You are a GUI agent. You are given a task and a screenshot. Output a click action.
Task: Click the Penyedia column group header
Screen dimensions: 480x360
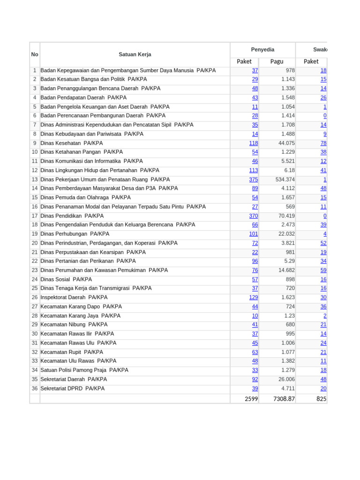[x=262, y=50]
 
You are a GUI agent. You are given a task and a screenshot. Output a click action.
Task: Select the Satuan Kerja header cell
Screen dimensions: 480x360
[x=135, y=54]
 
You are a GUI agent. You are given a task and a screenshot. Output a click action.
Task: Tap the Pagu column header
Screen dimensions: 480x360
[x=277, y=61]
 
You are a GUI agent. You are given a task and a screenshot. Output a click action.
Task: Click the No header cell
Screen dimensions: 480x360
[x=35, y=54]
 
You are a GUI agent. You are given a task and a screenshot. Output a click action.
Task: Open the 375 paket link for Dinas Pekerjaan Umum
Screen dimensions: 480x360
[x=253, y=180]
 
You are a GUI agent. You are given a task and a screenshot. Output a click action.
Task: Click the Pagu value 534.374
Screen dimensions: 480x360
[x=285, y=180]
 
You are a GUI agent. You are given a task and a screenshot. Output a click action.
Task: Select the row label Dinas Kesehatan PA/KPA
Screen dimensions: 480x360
[x=72, y=143]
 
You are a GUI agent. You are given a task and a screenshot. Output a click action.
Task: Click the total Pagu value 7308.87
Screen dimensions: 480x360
[x=283, y=399]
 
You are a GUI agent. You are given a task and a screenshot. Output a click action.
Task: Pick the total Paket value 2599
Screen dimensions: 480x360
[x=251, y=399]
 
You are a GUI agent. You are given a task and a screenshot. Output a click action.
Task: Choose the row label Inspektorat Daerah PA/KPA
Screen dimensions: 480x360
[x=74, y=297]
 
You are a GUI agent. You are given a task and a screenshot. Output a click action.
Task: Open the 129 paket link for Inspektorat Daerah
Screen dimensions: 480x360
[x=253, y=298]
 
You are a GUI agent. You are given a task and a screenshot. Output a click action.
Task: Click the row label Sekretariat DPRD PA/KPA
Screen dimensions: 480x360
[x=73, y=389]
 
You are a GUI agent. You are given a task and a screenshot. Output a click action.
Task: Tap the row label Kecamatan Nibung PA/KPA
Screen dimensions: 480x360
[x=74, y=324]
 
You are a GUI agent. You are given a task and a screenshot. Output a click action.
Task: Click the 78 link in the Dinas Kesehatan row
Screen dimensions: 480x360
[x=323, y=143]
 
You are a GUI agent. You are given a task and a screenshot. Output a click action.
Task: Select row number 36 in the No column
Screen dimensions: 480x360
[x=35, y=389]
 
